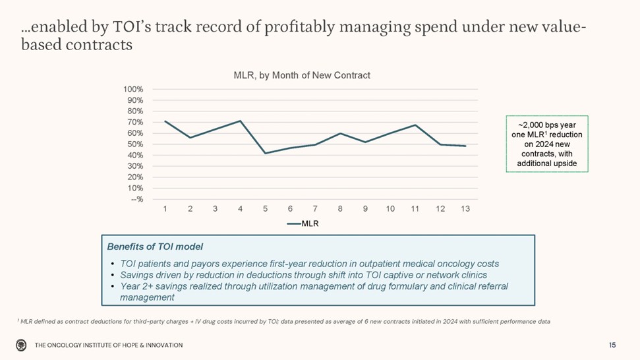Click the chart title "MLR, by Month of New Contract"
[x=302, y=75]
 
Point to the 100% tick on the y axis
[x=133, y=89]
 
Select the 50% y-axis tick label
[x=135, y=144]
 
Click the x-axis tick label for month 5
[x=265, y=209]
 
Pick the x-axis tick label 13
[x=465, y=209]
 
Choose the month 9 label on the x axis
[x=365, y=209]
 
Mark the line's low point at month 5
[x=265, y=153]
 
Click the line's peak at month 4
[x=240, y=121]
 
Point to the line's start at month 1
[x=165, y=121]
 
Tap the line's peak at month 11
[x=415, y=125]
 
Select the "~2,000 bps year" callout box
[x=546, y=144]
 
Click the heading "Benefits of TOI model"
[x=155, y=247]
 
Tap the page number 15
[x=612, y=345]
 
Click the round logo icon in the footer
[x=21, y=345]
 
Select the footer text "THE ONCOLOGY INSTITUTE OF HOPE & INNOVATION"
[x=109, y=345]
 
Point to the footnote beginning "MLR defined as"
[x=283, y=321]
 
